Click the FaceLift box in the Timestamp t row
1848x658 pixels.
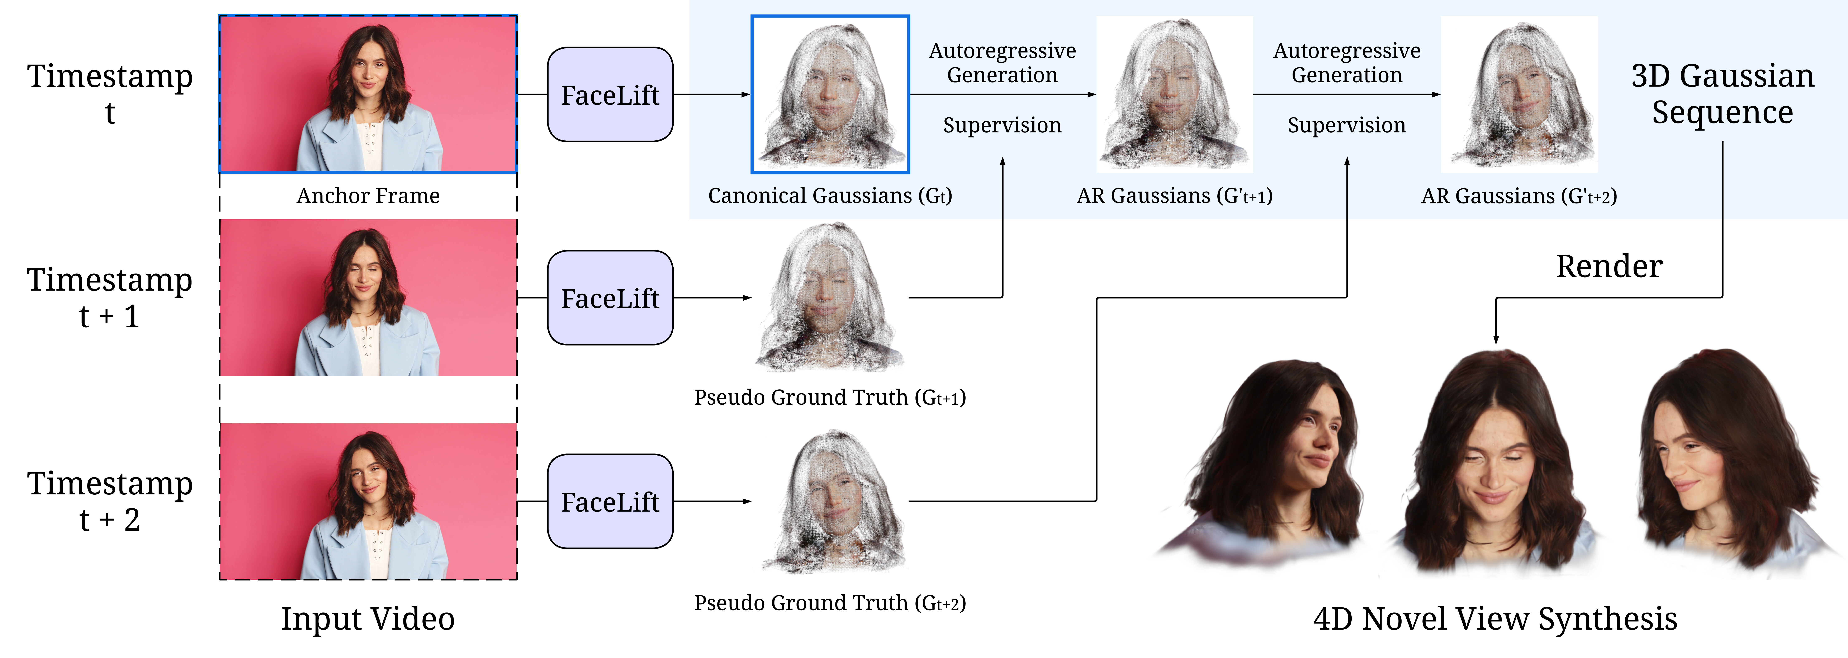(x=610, y=95)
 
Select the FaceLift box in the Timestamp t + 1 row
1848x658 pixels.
(x=610, y=298)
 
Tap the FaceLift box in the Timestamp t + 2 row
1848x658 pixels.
(x=610, y=502)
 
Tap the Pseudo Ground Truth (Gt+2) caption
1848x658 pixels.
(x=830, y=603)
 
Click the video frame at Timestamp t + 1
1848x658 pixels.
(x=368, y=298)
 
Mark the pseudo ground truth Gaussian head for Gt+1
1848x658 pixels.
(x=830, y=298)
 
